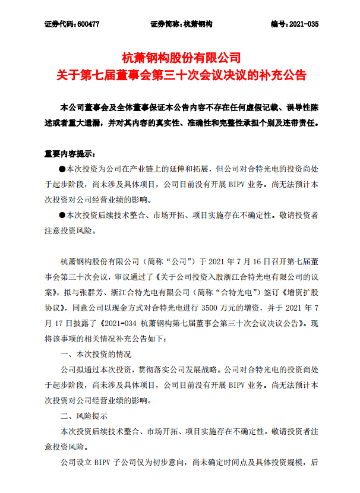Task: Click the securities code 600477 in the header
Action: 92,24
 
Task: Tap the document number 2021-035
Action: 303,24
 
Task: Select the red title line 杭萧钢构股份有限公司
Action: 180,59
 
